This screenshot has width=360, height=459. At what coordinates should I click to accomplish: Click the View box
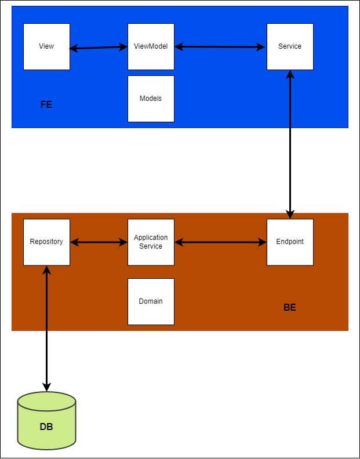point(46,46)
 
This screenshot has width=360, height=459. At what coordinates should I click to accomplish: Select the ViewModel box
point(151,46)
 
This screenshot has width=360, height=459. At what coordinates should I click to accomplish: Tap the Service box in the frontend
point(290,46)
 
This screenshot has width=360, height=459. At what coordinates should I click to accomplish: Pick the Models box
point(151,99)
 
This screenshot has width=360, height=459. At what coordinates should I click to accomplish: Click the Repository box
point(46,242)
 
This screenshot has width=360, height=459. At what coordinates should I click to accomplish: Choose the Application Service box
point(151,242)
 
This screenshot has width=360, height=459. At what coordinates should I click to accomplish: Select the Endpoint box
point(290,242)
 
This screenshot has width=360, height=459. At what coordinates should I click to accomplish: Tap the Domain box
point(151,301)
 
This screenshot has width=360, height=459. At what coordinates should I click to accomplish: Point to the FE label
point(46,105)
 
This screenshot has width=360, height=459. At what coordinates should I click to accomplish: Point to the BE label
point(290,308)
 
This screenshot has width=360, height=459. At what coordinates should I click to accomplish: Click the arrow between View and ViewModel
point(99,48)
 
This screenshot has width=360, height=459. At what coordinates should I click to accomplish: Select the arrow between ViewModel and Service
point(220,47)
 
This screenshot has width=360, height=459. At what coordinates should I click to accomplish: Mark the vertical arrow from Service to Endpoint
point(290,145)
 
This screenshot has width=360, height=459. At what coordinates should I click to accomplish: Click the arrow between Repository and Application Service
point(99,242)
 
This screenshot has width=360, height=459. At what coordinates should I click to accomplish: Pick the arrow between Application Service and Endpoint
point(220,242)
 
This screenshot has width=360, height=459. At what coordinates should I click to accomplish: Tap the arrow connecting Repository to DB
point(46,327)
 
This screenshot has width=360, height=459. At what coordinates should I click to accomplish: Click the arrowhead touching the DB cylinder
point(46,387)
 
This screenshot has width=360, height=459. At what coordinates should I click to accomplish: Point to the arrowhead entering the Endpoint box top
point(290,214)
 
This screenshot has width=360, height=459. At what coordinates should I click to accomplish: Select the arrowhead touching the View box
point(74,49)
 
